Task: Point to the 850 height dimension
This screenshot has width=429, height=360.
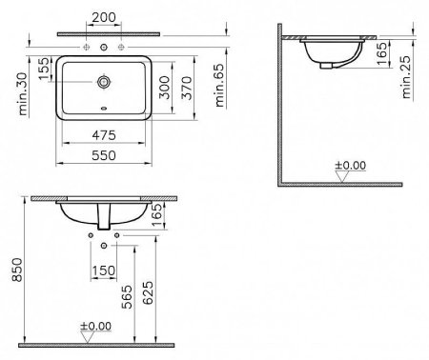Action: point(13,274)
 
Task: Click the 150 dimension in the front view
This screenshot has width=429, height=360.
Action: point(105,271)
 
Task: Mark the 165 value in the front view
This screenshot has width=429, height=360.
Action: point(170,221)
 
